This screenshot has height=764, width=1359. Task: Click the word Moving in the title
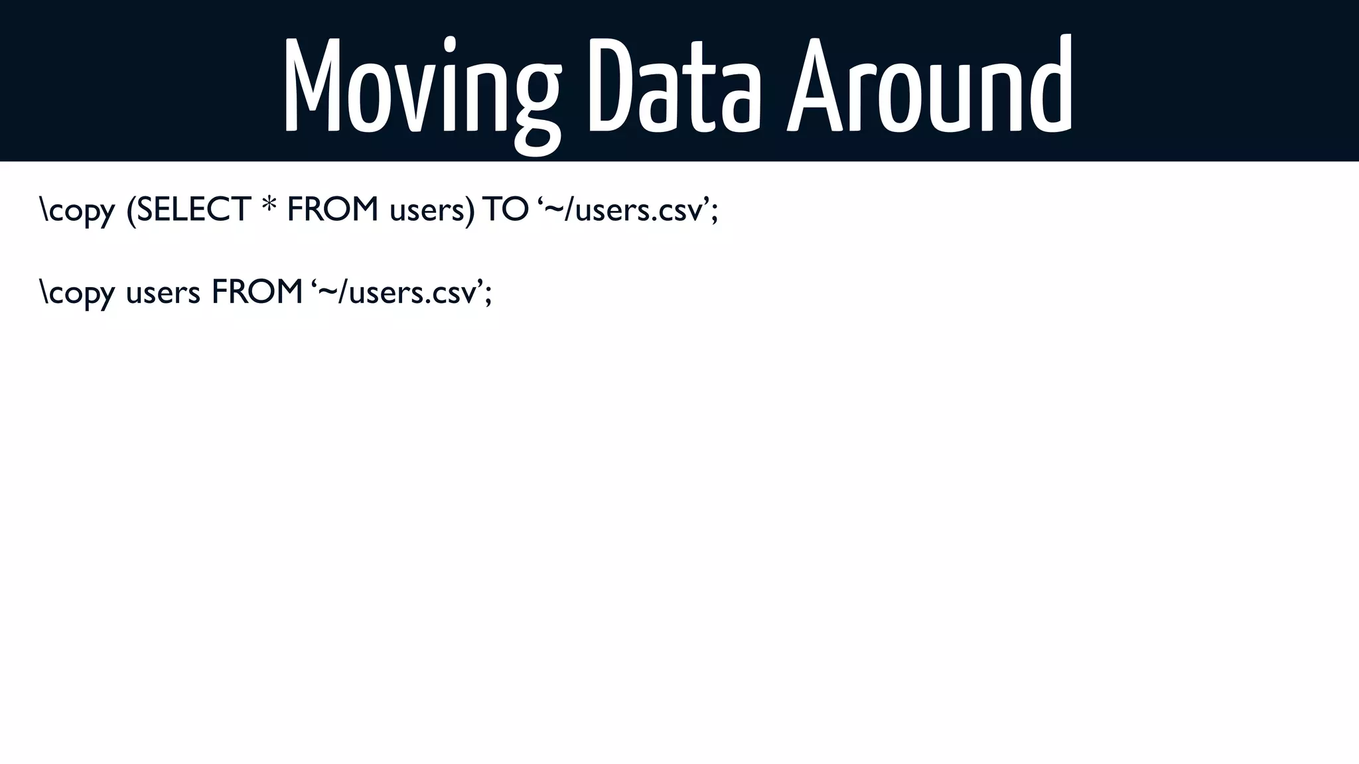(x=422, y=86)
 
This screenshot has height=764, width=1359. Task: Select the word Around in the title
(x=929, y=86)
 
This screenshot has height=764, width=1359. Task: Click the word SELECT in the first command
(x=193, y=210)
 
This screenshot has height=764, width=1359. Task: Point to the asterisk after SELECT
(x=269, y=206)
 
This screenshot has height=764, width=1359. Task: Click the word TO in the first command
(x=506, y=210)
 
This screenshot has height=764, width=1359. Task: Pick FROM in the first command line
(x=332, y=210)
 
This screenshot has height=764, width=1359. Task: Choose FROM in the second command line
(x=257, y=292)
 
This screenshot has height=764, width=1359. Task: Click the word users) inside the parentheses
(x=432, y=211)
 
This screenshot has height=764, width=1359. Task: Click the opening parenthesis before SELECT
(x=131, y=212)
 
